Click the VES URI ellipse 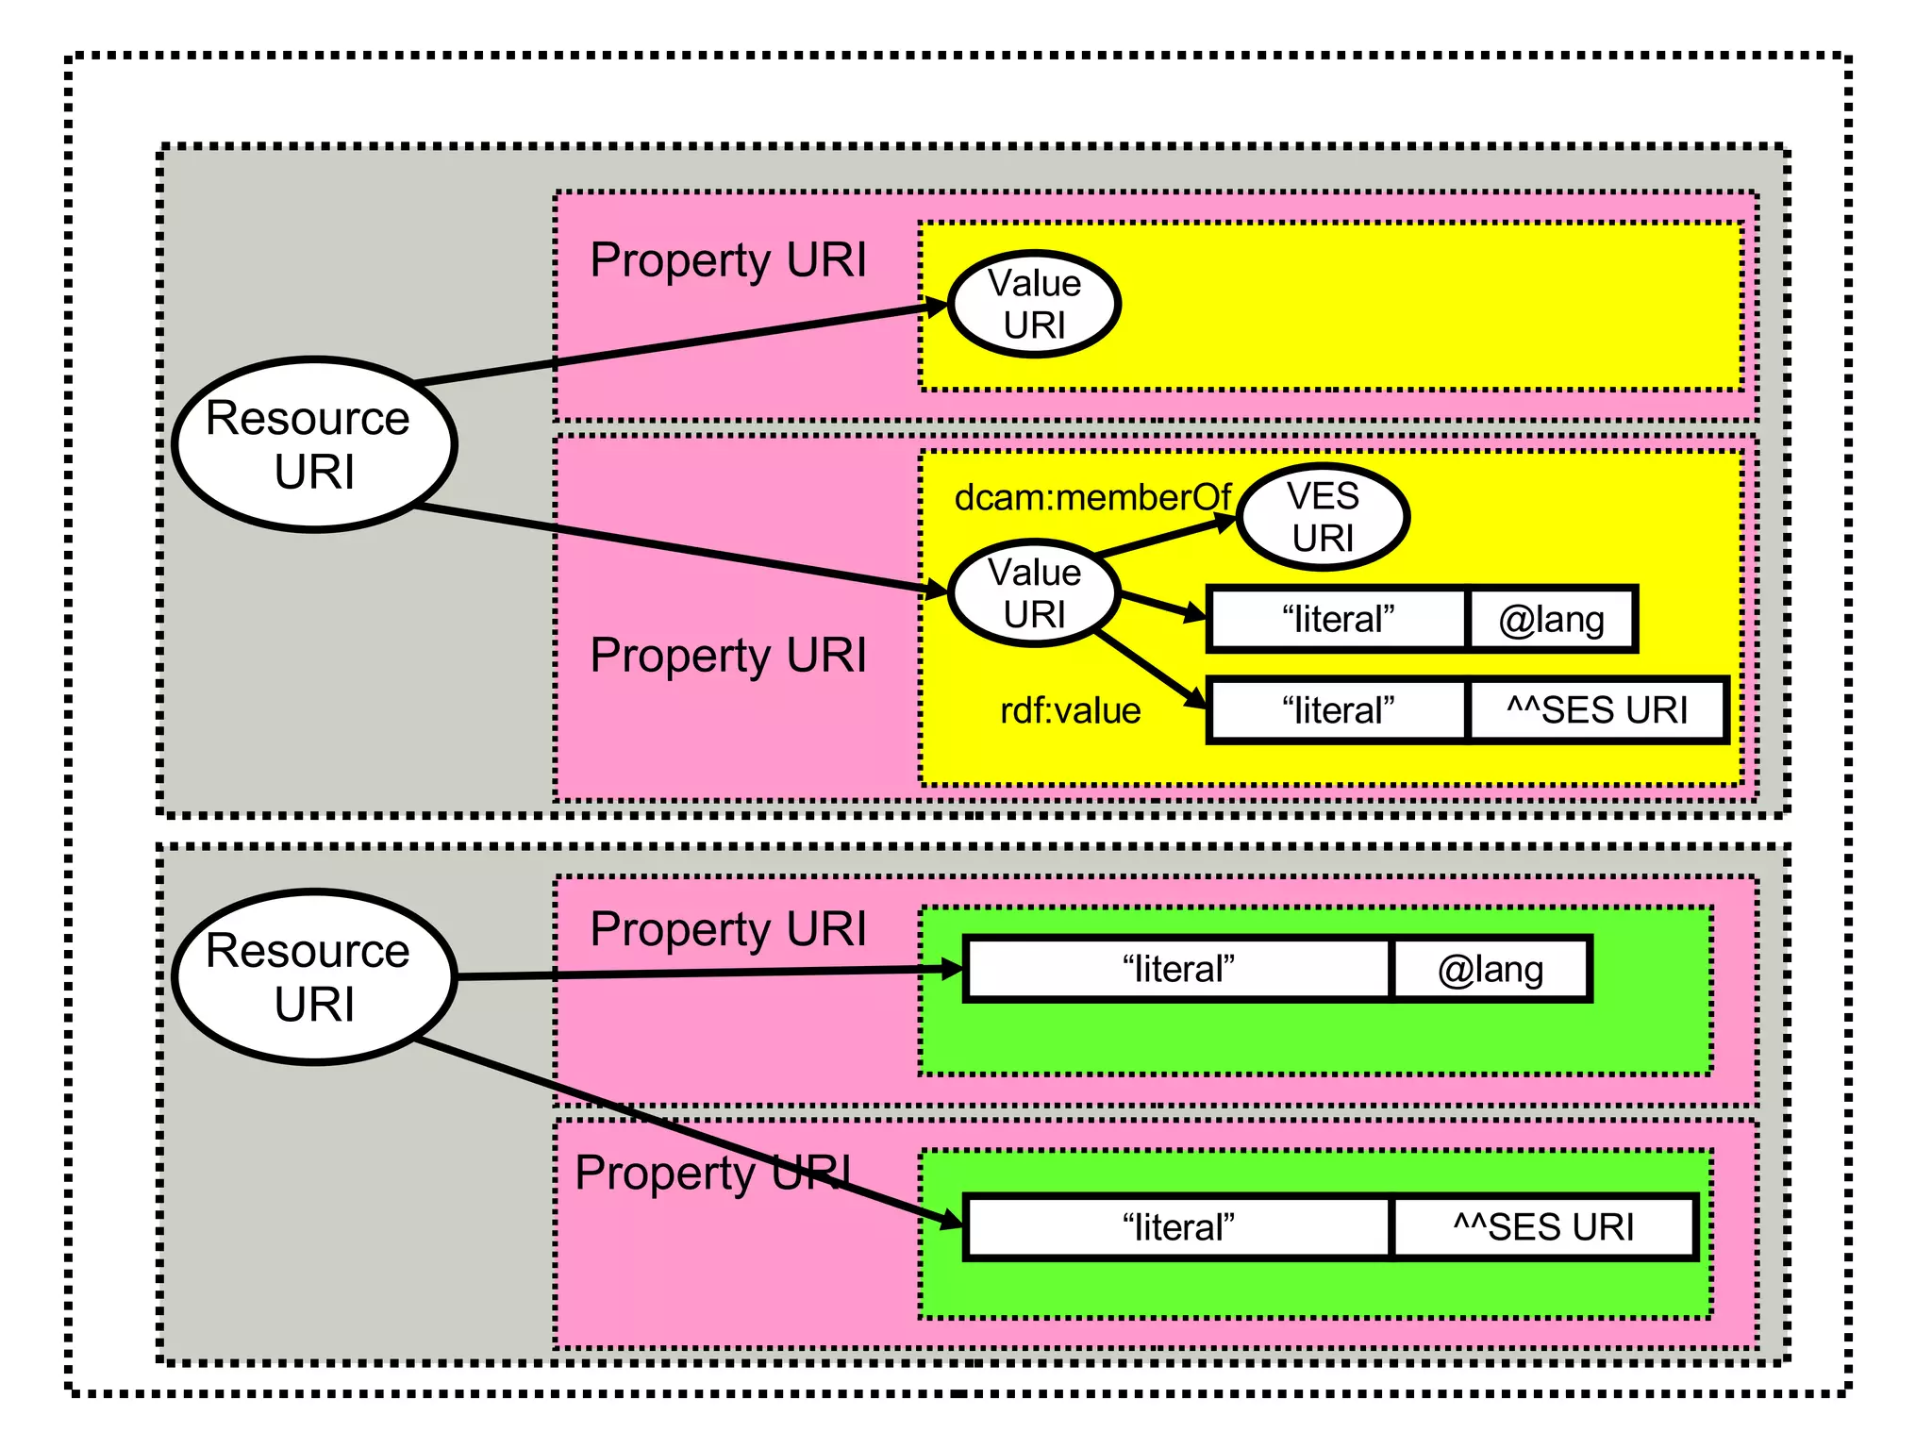click(x=1322, y=517)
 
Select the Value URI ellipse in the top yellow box click(x=1034, y=304)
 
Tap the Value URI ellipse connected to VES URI click(x=1034, y=593)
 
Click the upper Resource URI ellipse click(x=314, y=444)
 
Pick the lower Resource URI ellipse click(x=314, y=976)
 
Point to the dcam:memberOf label click(x=1091, y=497)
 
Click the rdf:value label click(x=1070, y=710)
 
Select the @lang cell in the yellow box click(x=1551, y=620)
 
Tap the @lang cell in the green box click(x=1490, y=969)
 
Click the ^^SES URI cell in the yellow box click(x=1596, y=710)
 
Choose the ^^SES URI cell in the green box click(x=1543, y=1227)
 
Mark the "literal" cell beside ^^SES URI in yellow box click(x=1338, y=710)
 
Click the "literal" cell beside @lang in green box click(x=1177, y=969)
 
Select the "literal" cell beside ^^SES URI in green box click(x=1177, y=1227)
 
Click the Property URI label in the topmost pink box click(x=727, y=260)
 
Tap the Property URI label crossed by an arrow click(x=713, y=1174)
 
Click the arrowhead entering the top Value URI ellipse click(x=937, y=307)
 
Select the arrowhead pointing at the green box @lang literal click(x=953, y=969)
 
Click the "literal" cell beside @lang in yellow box click(x=1338, y=620)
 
